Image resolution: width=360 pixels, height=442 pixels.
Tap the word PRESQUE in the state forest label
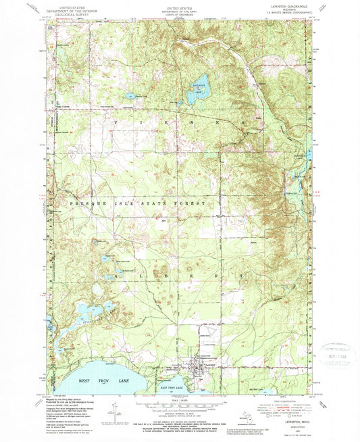pos(81,203)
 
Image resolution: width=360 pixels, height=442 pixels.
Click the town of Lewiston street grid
pos(197,370)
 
